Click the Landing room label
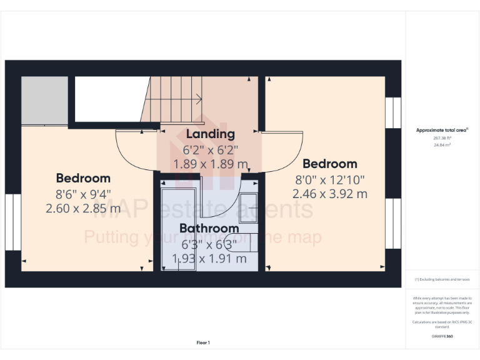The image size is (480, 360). [x=210, y=134]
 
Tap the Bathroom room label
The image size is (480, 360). [x=209, y=228]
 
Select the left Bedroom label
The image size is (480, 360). [x=83, y=178]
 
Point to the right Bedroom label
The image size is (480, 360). [x=329, y=164]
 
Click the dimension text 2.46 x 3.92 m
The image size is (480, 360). [x=329, y=194]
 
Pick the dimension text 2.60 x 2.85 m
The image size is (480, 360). [x=83, y=208]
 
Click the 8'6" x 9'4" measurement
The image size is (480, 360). [x=83, y=193]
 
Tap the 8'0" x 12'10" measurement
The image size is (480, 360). [x=329, y=179]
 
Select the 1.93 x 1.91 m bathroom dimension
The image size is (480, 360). [x=209, y=257]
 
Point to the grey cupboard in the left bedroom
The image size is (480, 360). [x=44, y=101]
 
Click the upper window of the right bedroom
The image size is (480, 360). [x=393, y=113]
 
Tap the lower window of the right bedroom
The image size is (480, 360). [x=393, y=223]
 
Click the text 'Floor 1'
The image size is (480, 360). [x=203, y=342]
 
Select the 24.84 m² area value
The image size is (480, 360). [x=442, y=144]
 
